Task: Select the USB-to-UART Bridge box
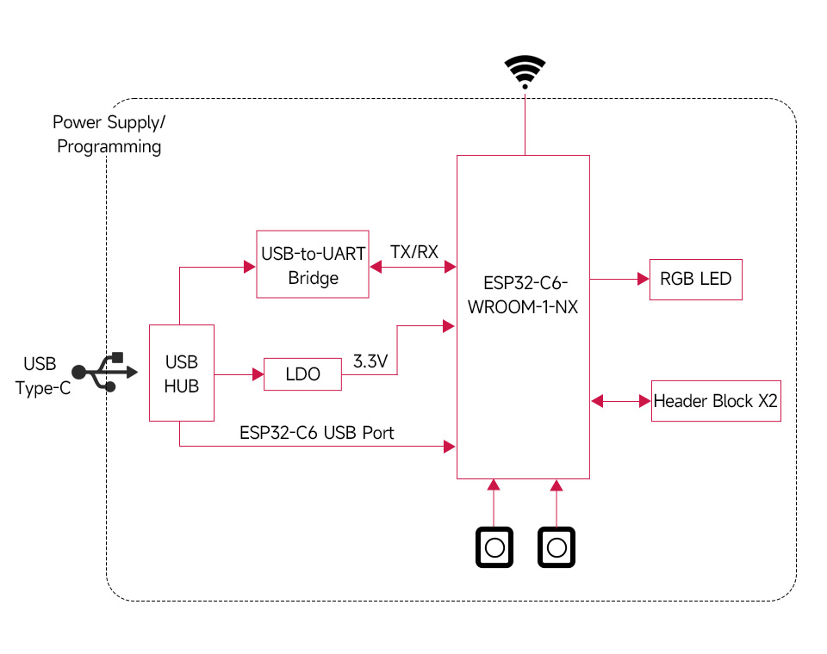pyautogui.click(x=313, y=265)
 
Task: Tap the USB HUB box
pyautogui.click(x=182, y=373)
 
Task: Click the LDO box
pyautogui.click(x=302, y=374)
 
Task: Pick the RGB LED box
pyautogui.click(x=695, y=279)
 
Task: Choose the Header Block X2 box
pyautogui.click(x=716, y=401)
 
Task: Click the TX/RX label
pyautogui.click(x=414, y=252)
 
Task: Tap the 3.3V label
pyautogui.click(x=370, y=361)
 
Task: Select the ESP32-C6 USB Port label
pyautogui.click(x=317, y=432)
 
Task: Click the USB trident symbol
pyautogui.click(x=104, y=372)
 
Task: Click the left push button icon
pyautogui.click(x=494, y=547)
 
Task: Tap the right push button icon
pyautogui.click(x=557, y=547)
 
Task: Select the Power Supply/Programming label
pyautogui.click(x=109, y=134)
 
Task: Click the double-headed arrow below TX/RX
pyautogui.click(x=413, y=268)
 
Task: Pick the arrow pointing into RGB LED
pyautogui.click(x=619, y=279)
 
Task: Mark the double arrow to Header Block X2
pyautogui.click(x=620, y=401)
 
